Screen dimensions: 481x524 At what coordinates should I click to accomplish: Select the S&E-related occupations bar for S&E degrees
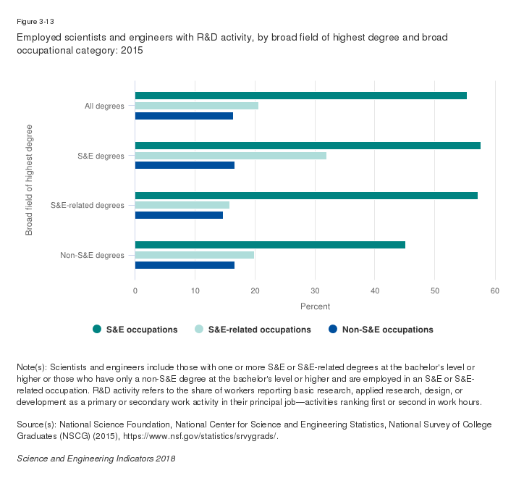click(x=230, y=156)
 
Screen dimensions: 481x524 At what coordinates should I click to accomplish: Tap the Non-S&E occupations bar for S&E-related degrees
click(x=179, y=215)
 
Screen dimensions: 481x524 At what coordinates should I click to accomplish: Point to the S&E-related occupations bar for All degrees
click(x=196, y=106)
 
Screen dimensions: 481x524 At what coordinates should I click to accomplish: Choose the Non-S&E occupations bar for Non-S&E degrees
click(x=185, y=265)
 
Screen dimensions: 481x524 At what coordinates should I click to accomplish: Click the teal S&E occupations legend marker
click(x=97, y=330)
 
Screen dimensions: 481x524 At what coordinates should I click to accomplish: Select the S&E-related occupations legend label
click(x=259, y=330)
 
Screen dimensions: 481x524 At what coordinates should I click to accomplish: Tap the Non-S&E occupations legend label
click(x=387, y=330)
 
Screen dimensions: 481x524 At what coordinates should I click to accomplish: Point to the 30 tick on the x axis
click(x=315, y=290)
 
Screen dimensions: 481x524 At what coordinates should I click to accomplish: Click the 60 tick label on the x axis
click(x=494, y=290)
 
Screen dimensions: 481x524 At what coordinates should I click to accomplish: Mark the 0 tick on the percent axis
click(x=135, y=290)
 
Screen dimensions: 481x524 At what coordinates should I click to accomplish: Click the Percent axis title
click(x=315, y=306)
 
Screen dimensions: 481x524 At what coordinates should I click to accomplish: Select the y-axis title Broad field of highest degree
click(x=30, y=180)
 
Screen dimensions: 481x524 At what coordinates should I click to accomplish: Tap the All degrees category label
click(x=104, y=106)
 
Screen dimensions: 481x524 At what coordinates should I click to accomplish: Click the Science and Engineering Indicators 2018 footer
click(x=96, y=459)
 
